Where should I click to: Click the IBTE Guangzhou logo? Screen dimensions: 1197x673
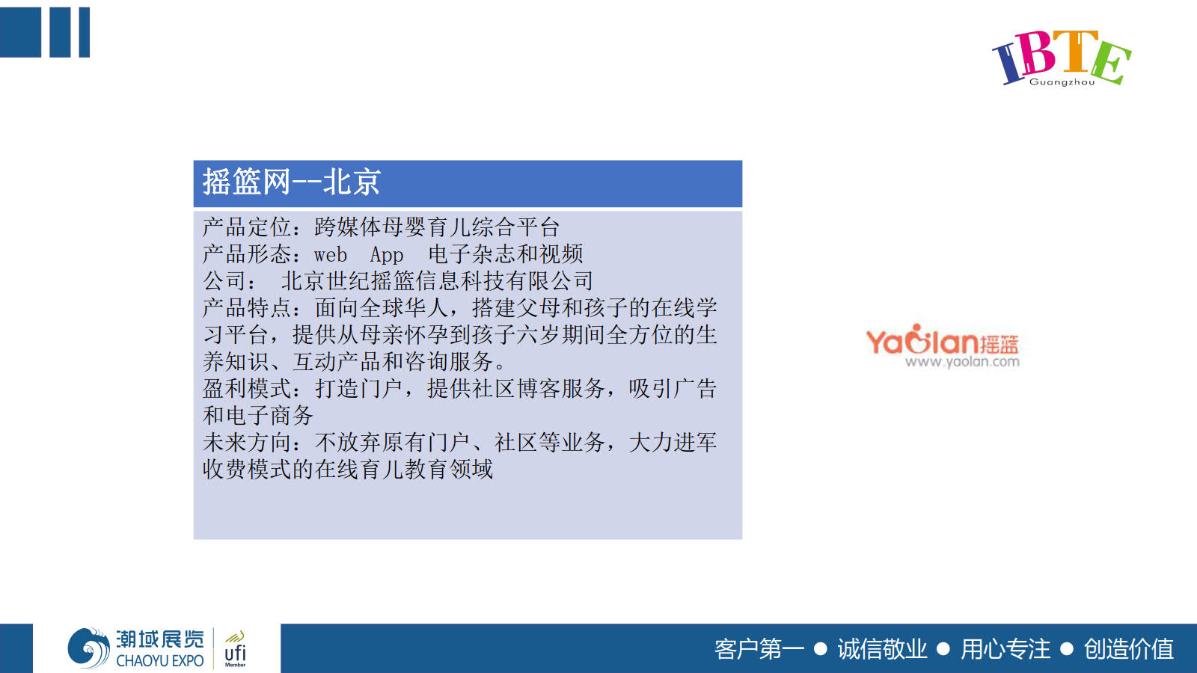[1062, 58]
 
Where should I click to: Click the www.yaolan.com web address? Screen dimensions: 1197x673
[962, 362]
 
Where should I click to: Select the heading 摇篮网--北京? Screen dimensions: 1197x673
[291, 182]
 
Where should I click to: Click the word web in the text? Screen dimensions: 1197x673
[330, 254]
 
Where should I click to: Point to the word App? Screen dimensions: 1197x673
[386, 255]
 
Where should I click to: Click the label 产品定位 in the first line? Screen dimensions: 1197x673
[247, 227]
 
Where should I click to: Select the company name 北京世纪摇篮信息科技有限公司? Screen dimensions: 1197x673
[437, 281]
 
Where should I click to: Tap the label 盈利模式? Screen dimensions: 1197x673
[247, 388]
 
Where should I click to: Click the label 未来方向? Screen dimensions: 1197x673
[247, 442]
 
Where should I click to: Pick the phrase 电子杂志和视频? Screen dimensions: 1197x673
[506, 254]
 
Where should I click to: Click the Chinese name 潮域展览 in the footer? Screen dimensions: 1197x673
[160, 639]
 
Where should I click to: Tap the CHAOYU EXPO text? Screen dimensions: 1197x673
[160, 661]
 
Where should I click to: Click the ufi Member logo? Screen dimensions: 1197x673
[235, 649]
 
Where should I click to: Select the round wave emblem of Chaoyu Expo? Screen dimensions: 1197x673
[89, 648]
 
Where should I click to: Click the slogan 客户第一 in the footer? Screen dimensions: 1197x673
[759, 650]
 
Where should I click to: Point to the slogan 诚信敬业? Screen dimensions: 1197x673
[882, 650]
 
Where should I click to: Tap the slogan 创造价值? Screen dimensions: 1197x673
[1129, 650]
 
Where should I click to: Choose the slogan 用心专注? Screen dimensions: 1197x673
[1005, 650]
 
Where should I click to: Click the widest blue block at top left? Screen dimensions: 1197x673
[20, 32]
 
